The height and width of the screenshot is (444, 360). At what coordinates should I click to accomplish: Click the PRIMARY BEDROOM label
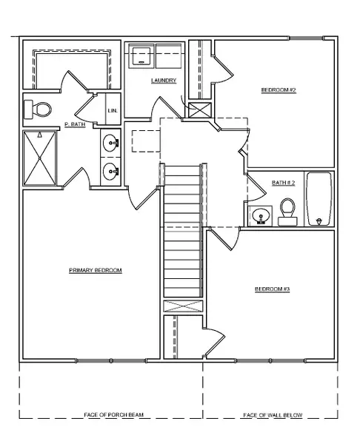tap(95, 271)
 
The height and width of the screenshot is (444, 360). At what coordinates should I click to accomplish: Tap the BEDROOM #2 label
tap(279, 91)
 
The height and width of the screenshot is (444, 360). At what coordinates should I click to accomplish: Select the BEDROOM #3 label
tap(272, 289)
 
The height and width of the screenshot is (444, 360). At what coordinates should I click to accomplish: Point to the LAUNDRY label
tap(163, 81)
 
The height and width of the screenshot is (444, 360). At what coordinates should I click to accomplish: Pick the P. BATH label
tap(75, 124)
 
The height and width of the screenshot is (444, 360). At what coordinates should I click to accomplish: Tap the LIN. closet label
tap(113, 111)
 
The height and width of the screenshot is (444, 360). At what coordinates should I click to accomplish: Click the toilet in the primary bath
tap(38, 110)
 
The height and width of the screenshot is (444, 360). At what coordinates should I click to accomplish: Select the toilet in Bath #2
tap(287, 211)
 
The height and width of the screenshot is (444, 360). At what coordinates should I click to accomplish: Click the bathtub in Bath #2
tap(320, 198)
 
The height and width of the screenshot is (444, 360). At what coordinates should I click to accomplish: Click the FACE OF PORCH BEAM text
tap(110, 415)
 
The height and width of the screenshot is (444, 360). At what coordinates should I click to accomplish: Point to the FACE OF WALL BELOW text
tap(273, 415)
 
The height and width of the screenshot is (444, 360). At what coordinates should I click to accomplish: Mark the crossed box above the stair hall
tap(200, 112)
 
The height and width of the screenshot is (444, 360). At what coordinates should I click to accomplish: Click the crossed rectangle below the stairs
tap(182, 307)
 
